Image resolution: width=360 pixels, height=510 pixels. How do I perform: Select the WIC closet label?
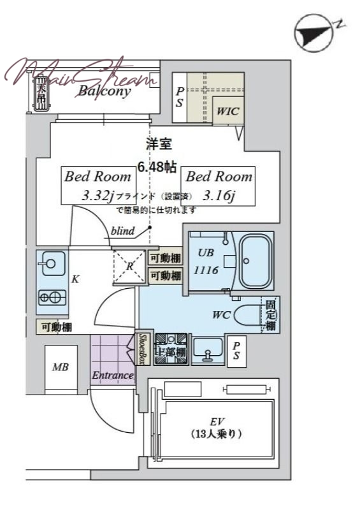[227, 111]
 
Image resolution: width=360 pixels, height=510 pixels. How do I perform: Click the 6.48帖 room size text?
[157, 168]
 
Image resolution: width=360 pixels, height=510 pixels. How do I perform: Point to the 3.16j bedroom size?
[219, 195]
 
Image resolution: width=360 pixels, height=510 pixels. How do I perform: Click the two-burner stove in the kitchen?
[51, 296]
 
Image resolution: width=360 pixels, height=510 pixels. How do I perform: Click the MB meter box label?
[61, 368]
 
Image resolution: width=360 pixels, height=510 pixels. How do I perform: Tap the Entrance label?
[112, 375]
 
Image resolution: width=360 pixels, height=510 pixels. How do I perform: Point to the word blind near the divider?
[122, 231]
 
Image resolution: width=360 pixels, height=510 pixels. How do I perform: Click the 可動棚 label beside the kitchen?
[56, 327]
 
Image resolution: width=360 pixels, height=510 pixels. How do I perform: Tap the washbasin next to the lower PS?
[207, 349]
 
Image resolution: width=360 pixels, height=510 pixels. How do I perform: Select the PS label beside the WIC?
[180, 98]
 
